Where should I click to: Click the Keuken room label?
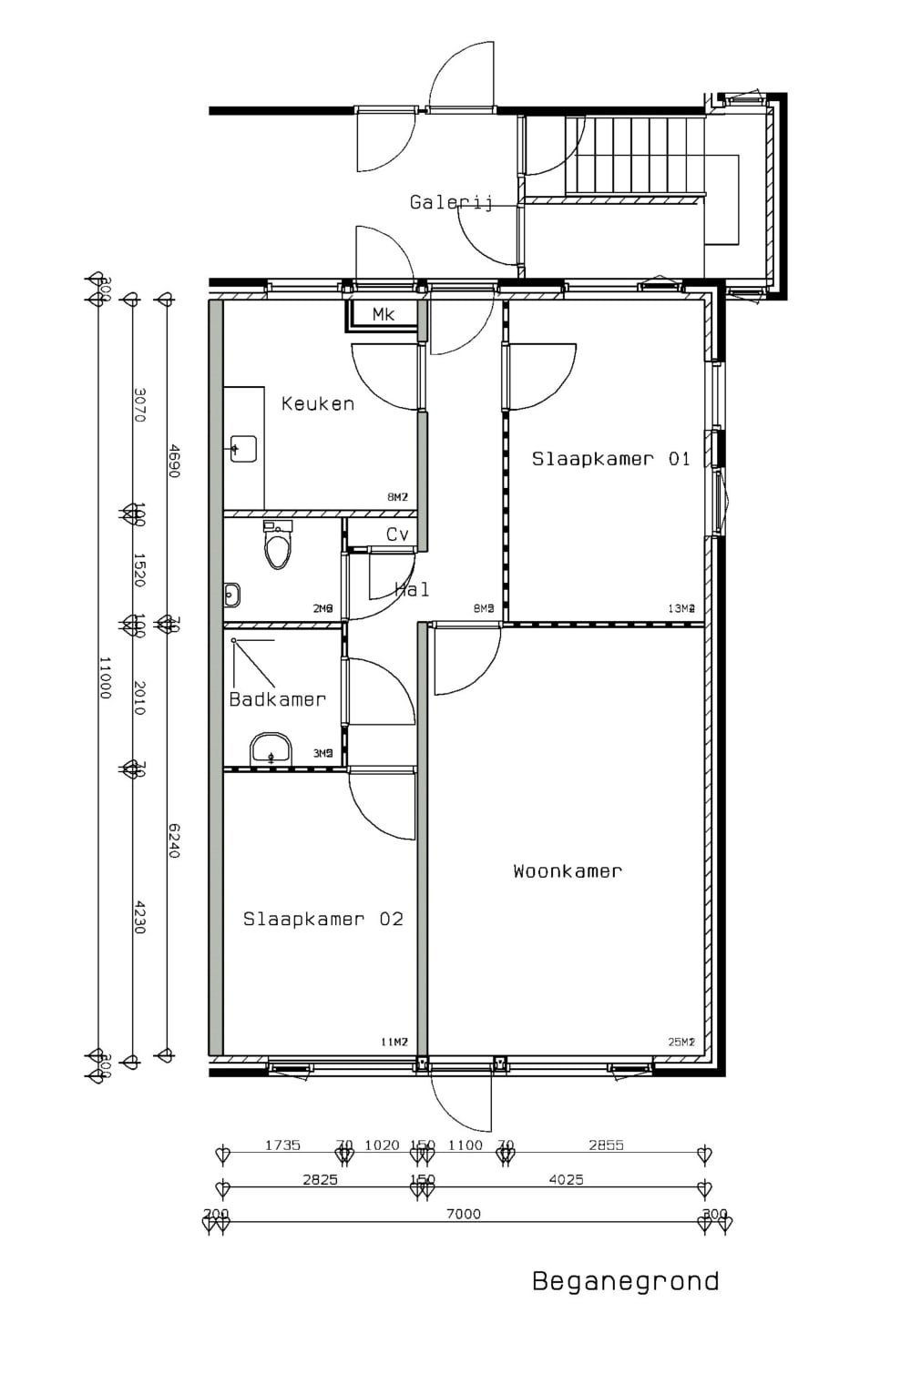tap(317, 403)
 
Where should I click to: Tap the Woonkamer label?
tap(567, 871)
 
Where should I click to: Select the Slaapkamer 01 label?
tap(610, 459)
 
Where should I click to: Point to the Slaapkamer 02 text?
tap(322, 919)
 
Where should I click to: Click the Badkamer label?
tap(277, 699)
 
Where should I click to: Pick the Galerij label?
tap(451, 202)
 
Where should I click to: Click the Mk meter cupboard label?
tap(384, 314)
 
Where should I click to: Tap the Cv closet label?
tap(397, 534)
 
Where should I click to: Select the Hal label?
tap(412, 590)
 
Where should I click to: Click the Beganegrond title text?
tap(625, 1281)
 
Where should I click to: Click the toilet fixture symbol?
tap(278, 545)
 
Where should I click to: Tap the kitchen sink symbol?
tap(243, 449)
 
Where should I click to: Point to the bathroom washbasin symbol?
tap(271, 751)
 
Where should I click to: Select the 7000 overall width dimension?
tap(463, 1214)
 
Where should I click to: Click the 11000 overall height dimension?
tap(105, 677)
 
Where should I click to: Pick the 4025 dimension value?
tap(566, 1179)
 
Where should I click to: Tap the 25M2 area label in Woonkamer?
tap(681, 1042)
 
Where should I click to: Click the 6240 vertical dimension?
tap(174, 840)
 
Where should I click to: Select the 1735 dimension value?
tap(282, 1145)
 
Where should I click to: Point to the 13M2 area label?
tap(681, 608)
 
